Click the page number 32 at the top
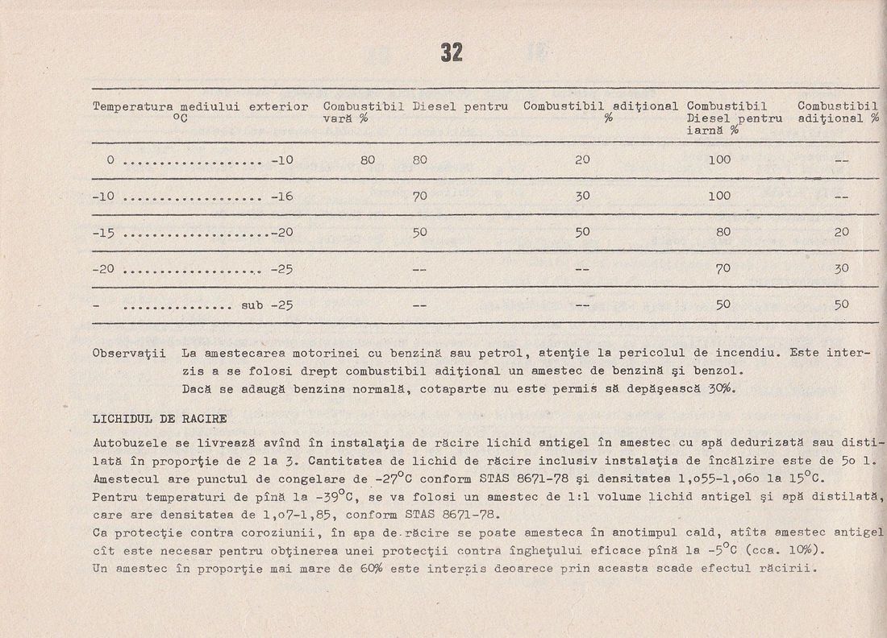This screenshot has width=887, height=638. (452, 52)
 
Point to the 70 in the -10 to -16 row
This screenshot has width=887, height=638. (419, 196)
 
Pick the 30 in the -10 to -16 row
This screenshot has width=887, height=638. (582, 196)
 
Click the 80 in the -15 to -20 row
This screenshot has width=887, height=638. (723, 232)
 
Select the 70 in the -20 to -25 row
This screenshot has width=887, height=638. (723, 268)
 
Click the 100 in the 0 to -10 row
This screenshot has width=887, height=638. (719, 159)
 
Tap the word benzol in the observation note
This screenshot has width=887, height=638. (716, 371)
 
